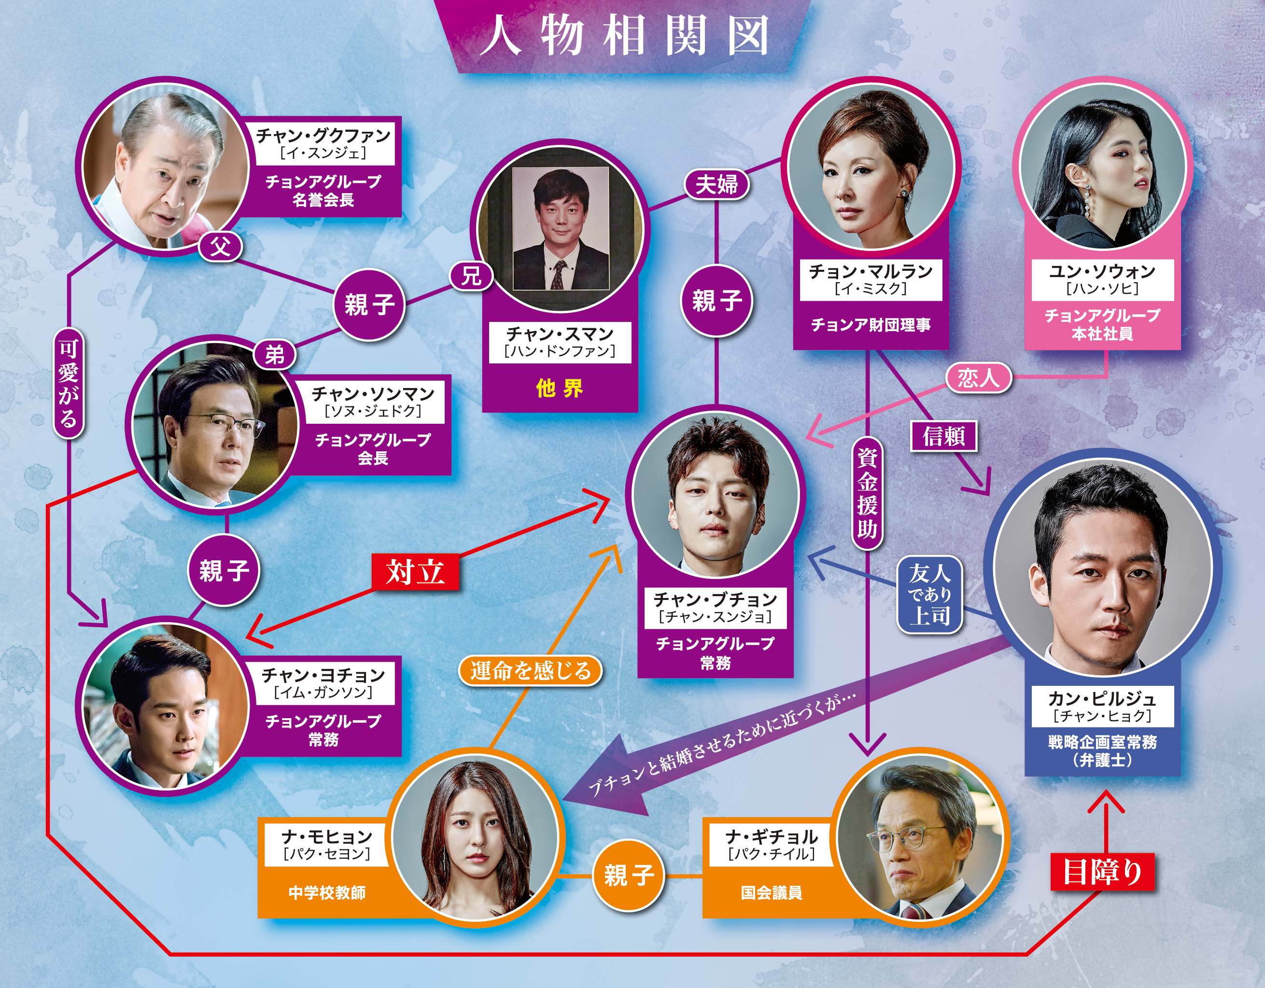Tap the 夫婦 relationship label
717,185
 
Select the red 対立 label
415,572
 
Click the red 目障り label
1102,872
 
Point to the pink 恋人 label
978,378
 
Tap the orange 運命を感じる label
530,670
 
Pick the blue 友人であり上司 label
929,595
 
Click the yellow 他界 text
560,388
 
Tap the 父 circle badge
220,247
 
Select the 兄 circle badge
471,276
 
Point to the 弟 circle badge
275,354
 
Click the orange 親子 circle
629,875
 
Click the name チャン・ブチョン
716,599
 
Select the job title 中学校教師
327,892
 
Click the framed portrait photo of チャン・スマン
560,229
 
